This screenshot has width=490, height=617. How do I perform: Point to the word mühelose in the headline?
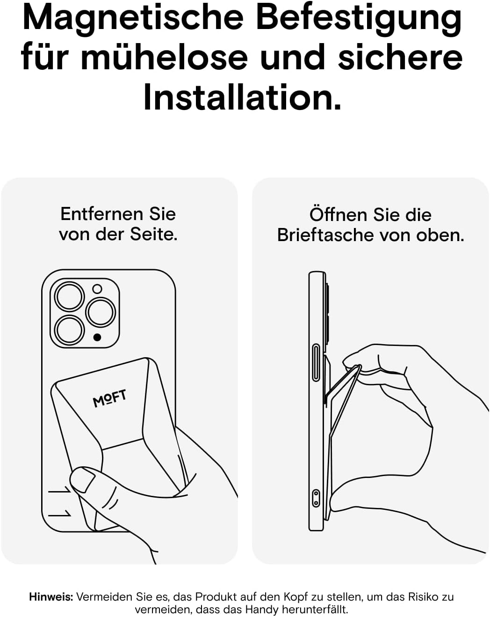(164, 57)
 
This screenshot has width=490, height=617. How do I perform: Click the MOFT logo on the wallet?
(109, 398)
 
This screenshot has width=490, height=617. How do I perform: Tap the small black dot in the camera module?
(97, 338)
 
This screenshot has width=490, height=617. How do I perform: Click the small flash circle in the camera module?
(97, 289)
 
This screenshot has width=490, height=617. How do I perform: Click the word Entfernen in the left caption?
(101, 214)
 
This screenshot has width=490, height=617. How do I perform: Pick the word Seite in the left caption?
(153, 235)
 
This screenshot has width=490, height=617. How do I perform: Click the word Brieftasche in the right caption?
(325, 235)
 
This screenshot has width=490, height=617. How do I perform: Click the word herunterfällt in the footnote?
(315, 609)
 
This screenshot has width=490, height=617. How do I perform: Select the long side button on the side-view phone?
(316, 362)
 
